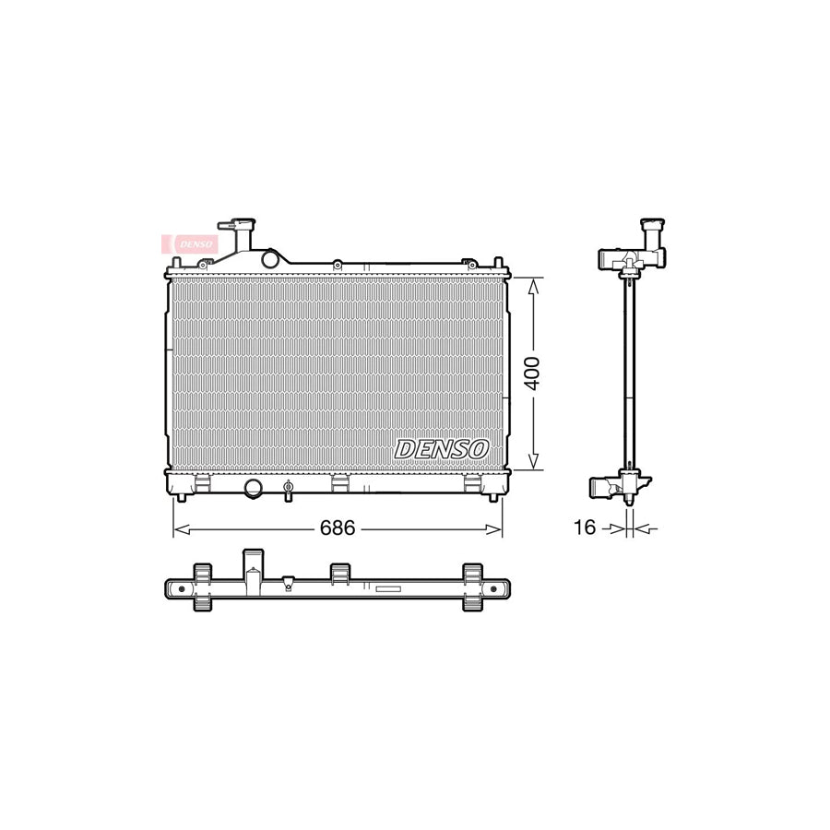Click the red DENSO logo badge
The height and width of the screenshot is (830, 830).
(x=190, y=243)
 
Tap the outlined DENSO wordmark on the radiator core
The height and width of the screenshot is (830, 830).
(x=442, y=449)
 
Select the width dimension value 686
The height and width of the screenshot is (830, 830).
(x=338, y=528)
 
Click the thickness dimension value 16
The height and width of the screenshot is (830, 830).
(x=585, y=528)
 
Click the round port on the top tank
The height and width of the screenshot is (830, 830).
(x=270, y=259)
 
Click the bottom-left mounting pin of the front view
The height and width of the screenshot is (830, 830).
(x=182, y=498)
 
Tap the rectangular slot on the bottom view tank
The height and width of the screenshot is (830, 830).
(x=387, y=588)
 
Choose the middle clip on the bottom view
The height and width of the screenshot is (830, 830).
(x=339, y=574)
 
